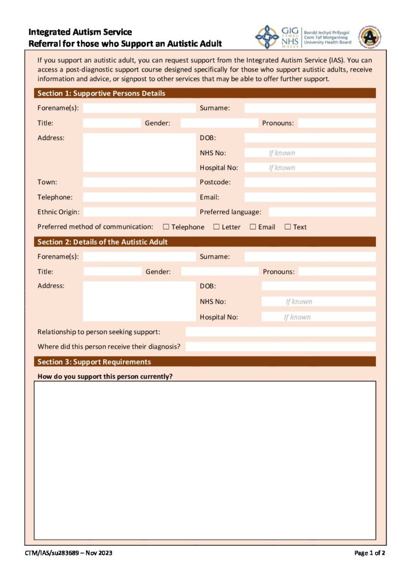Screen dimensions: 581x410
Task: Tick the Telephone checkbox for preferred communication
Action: coord(166,227)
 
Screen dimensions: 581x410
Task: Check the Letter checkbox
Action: coord(216,227)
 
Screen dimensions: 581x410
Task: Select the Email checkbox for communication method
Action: coord(253,227)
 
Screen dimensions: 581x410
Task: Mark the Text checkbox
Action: coord(288,227)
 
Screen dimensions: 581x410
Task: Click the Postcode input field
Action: coord(310,182)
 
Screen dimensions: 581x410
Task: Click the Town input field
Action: coord(139,182)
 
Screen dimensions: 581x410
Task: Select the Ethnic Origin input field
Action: coord(139,212)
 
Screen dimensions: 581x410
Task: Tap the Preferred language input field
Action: coord(322,212)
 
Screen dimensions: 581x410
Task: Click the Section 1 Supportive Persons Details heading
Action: coord(101,94)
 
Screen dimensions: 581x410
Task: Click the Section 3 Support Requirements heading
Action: coord(94,362)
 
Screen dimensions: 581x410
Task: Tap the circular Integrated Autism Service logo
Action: coord(369,36)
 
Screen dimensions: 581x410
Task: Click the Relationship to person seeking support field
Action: coord(280,332)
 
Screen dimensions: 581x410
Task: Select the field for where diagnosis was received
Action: coord(280,346)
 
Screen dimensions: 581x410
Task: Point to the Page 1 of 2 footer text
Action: coord(369,553)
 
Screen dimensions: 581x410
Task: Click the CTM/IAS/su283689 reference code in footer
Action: coord(68,553)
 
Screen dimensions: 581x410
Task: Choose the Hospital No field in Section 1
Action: coord(310,167)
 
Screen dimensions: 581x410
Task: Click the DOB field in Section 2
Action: coord(318,286)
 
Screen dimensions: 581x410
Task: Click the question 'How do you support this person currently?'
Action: coord(105,376)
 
